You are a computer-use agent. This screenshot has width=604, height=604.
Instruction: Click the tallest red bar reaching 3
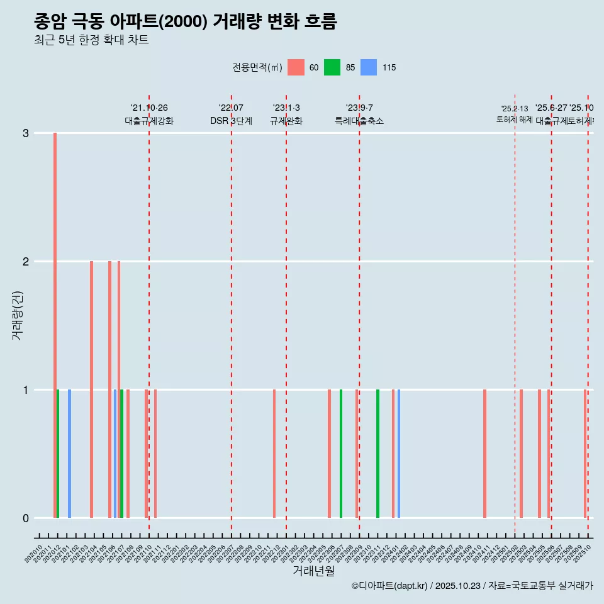pos(55,325)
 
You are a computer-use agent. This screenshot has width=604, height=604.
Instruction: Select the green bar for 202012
pos(58,454)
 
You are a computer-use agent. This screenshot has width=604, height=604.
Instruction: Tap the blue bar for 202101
pos(69,454)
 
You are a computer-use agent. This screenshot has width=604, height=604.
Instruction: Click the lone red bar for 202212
pos(274,454)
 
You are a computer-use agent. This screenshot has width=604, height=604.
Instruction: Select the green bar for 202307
pos(341,454)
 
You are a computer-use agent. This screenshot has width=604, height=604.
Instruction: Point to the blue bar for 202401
pos(399,454)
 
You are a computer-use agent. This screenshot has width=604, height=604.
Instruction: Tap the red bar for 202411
pos(484,454)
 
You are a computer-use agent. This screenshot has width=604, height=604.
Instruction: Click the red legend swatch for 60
pos(296,67)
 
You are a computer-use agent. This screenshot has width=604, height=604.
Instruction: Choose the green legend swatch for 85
pos(332,67)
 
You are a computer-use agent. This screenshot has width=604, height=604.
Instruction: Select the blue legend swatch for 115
pos(369,67)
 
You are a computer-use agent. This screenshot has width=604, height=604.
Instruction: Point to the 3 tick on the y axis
pos(26,133)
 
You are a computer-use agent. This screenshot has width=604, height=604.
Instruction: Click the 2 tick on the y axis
pos(26,262)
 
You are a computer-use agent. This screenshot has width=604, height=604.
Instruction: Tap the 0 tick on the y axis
pos(26,518)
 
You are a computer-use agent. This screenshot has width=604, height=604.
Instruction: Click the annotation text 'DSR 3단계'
pos(231,121)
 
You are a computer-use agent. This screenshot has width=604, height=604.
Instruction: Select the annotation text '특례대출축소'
pos(359,121)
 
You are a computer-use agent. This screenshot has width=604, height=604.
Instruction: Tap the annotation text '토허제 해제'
pos(515,120)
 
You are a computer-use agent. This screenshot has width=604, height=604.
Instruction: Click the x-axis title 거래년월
pos(313,571)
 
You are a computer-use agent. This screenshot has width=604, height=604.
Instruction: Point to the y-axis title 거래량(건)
pos(17,315)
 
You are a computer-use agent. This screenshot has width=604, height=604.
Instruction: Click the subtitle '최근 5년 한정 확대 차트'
pos(91,40)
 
